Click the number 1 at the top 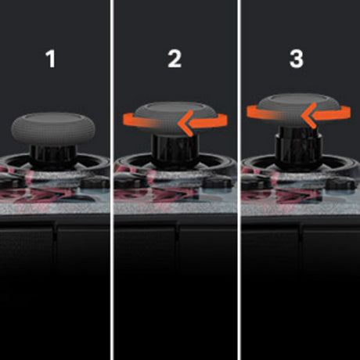51,59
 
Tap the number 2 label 175,59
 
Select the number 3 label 297,59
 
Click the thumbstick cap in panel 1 53,129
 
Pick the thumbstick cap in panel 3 297,110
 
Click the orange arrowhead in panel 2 186,123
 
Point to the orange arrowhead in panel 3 309,115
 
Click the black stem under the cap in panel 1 54,156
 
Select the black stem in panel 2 175,150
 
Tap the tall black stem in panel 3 299,146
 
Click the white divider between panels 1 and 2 112,180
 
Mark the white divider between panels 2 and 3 239,180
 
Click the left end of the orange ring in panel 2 124,120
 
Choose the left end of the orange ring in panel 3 248,112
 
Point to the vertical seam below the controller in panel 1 55,232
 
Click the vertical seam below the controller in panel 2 178,232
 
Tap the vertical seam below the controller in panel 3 300,232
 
